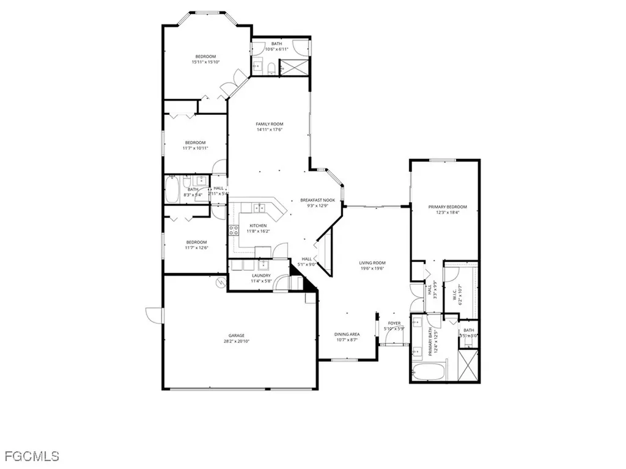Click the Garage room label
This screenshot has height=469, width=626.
pos(237,335)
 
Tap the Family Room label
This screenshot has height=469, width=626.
pos(269,124)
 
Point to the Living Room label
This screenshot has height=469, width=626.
pos(372,263)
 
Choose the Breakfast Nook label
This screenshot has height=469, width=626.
pos(317,200)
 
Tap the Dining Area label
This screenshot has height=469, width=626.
pos(347,334)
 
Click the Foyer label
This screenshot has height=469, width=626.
pos(394,323)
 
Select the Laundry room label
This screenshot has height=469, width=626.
pos(261,276)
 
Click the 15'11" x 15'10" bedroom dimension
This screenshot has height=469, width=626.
pos(205,62)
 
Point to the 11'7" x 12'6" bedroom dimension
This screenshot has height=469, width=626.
pos(196,247)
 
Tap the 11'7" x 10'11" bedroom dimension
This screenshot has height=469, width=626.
pos(196,148)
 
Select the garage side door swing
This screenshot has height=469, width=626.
pos(155,315)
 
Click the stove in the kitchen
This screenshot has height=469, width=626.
pos(234,230)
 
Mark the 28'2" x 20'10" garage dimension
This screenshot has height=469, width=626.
pos(237,341)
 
